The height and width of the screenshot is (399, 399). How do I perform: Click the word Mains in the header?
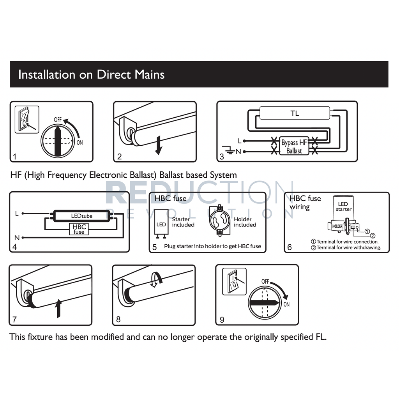click(x=148, y=74)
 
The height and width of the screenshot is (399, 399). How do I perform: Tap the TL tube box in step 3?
click(x=295, y=114)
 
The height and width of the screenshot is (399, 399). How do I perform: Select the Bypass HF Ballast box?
click(x=294, y=147)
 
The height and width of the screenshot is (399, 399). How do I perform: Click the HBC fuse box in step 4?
click(x=79, y=229)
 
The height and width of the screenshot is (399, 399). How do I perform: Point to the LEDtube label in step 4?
click(x=81, y=215)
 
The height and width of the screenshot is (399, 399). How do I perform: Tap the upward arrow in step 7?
click(x=58, y=308)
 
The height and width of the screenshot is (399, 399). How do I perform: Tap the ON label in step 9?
click(x=286, y=304)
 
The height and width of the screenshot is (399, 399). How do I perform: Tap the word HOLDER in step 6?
click(x=337, y=226)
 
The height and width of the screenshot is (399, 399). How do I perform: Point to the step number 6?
click(x=289, y=247)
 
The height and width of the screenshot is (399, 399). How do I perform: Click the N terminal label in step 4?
click(x=17, y=237)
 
